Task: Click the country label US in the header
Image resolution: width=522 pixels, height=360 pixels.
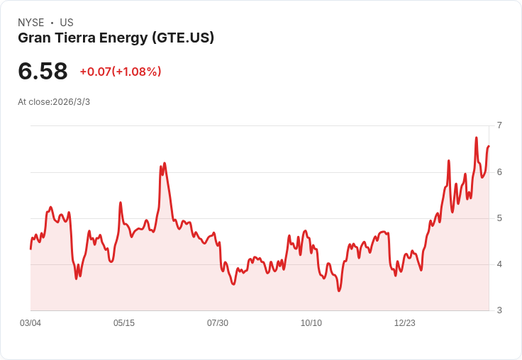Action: click(x=67, y=23)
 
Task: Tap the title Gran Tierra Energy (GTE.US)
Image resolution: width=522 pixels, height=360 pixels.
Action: click(x=116, y=38)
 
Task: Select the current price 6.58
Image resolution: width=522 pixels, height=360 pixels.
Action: click(x=43, y=71)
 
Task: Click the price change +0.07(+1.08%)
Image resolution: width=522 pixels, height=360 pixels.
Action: click(x=121, y=72)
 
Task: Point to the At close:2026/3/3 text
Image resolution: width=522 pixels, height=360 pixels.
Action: click(x=54, y=102)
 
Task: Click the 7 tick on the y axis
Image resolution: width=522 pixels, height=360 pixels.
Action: click(x=499, y=125)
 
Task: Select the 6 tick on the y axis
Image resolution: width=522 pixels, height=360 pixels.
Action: click(x=499, y=171)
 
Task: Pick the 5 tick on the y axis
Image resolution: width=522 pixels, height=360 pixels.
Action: click(x=499, y=218)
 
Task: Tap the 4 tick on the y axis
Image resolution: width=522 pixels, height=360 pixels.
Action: click(x=499, y=264)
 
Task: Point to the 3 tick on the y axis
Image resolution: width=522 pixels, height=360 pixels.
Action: click(x=499, y=310)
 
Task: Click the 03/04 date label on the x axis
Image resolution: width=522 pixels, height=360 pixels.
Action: click(x=30, y=323)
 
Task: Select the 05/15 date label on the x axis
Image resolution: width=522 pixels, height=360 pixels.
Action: click(x=124, y=323)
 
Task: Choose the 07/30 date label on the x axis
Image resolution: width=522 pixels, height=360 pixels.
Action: click(x=218, y=323)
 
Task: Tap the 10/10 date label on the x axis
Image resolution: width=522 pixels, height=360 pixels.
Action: click(x=311, y=323)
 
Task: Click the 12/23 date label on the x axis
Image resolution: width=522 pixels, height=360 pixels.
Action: click(x=405, y=323)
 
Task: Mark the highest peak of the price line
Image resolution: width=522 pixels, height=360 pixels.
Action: click(x=476, y=137)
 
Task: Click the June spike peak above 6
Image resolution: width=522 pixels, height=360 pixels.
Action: click(x=165, y=163)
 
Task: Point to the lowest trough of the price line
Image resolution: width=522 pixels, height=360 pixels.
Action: click(x=339, y=291)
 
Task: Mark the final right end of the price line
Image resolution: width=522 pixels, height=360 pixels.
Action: click(x=489, y=146)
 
